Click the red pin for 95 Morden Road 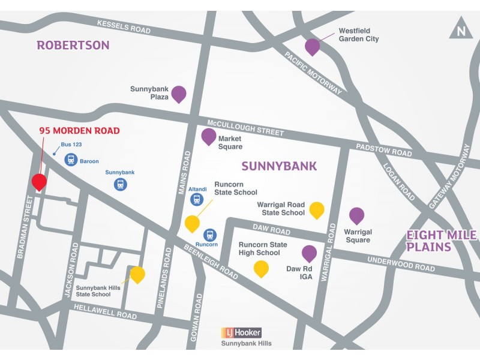pyautogui.click(x=39, y=182)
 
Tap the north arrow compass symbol pyautogui.click(x=460, y=29)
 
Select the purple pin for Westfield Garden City pyautogui.click(x=312, y=46)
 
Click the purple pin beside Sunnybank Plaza pyautogui.click(x=178, y=94)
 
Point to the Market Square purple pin pyautogui.click(x=208, y=136)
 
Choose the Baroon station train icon pyautogui.click(x=71, y=160)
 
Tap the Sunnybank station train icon pyautogui.click(x=121, y=184)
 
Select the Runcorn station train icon pyautogui.click(x=210, y=235)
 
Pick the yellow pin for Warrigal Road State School pyautogui.click(x=316, y=209)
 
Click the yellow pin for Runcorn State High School pyautogui.click(x=261, y=268)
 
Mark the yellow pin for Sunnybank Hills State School pyautogui.click(x=137, y=274)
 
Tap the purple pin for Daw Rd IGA pyautogui.click(x=309, y=253)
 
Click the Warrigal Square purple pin pyautogui.click(x=356, y=215)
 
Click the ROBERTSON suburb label pyautogui.click(x=73, y=45)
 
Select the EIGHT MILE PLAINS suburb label pyautogui.click(x=441, y=241)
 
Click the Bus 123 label pyautogui.click(x=71, y=145)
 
